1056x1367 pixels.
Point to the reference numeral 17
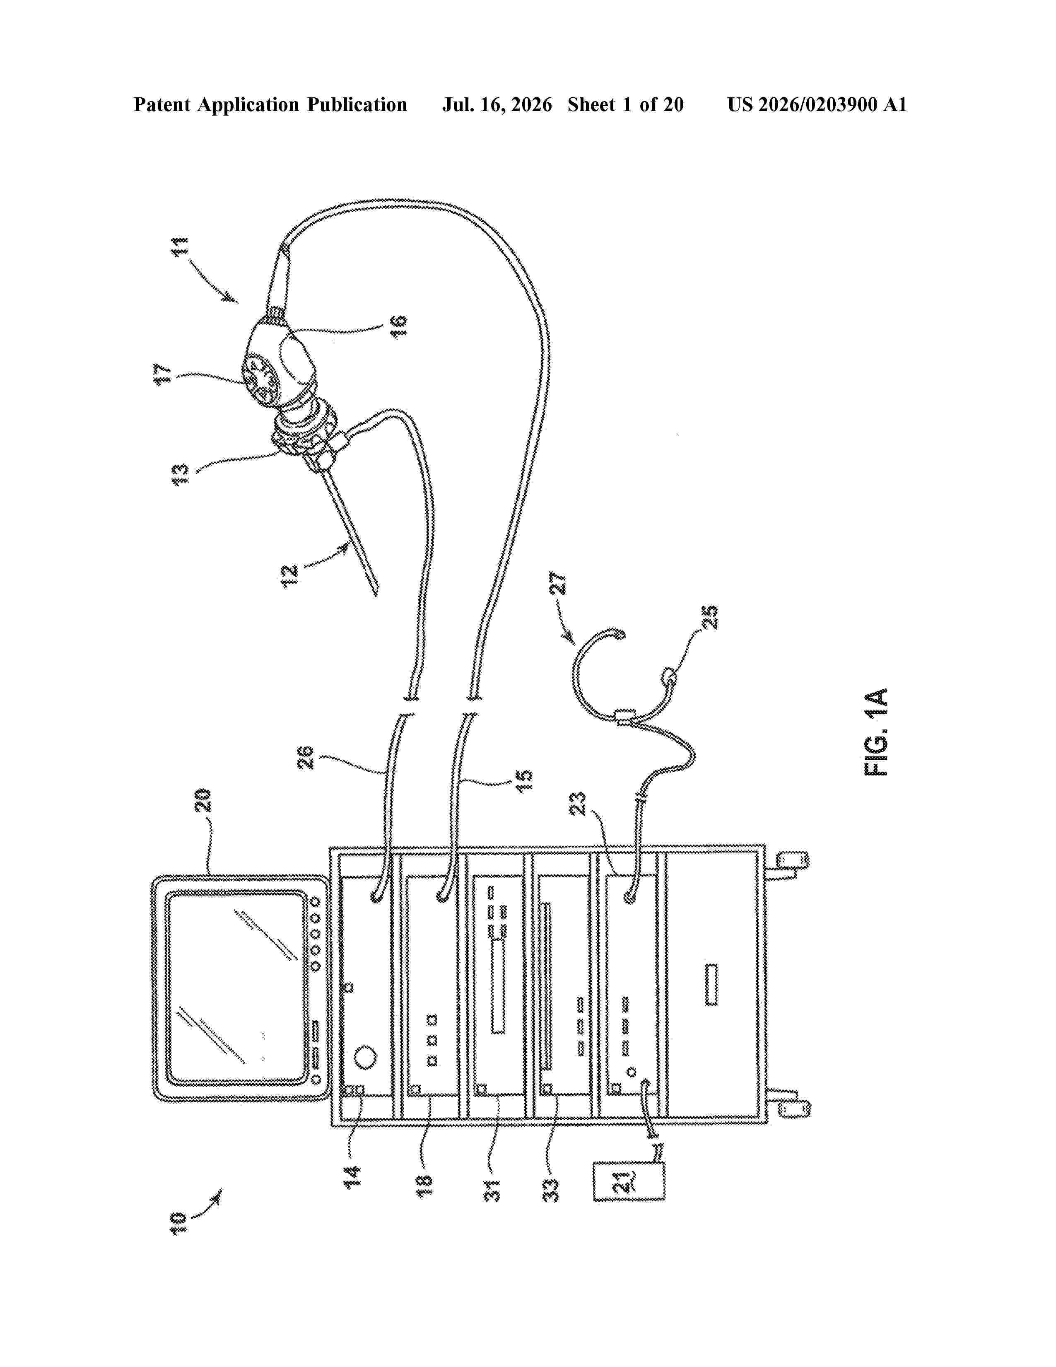[163, 374]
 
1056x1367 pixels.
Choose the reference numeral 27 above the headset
[558, 583]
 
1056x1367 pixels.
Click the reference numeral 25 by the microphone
[710, 617]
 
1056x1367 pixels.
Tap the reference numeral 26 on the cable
[305, 757]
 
